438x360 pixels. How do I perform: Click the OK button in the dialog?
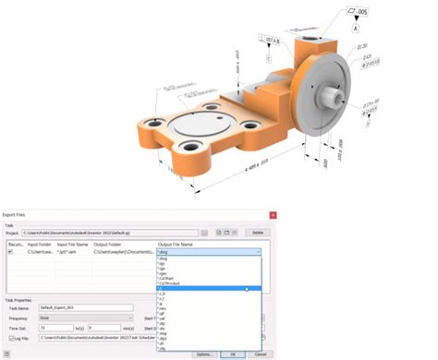[x=233, y=354]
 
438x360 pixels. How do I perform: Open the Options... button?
[x=205, y=354]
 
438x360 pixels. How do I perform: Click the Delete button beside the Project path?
[x=259, y=234]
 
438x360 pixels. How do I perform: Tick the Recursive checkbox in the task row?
[x=10, y=251]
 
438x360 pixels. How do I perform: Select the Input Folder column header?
[x=41, y=245]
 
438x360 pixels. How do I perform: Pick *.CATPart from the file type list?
[x=170, y=276]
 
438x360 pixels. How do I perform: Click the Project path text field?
[x=111, y=234]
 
